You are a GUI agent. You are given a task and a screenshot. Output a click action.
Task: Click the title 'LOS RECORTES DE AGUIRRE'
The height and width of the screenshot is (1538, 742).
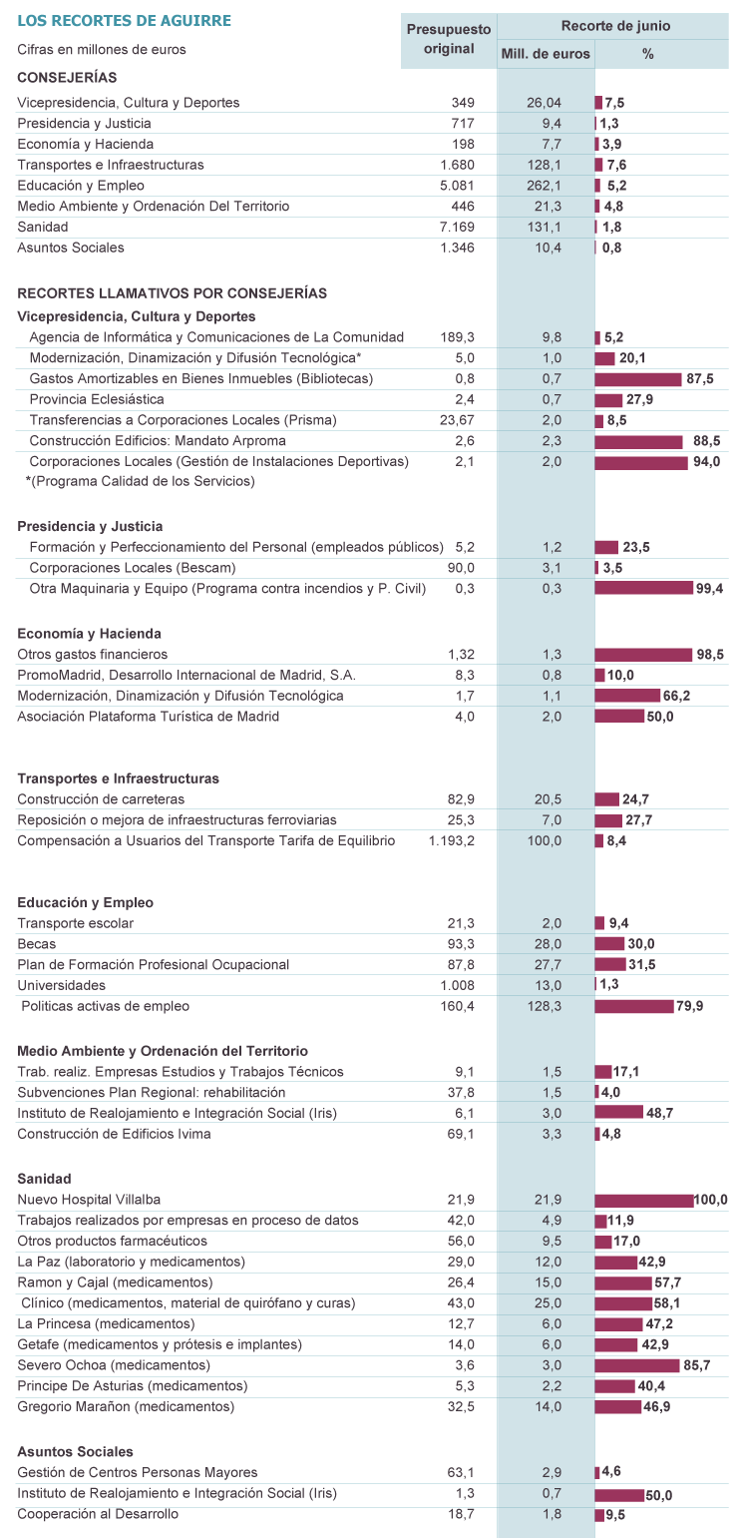[124, 21]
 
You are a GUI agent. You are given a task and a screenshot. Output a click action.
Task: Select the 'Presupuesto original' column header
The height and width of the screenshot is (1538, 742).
[449, 39]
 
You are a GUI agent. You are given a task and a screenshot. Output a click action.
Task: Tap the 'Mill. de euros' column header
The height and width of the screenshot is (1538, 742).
[546, 54]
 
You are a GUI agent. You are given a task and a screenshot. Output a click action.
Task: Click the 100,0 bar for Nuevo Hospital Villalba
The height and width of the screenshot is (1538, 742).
[643, 1200]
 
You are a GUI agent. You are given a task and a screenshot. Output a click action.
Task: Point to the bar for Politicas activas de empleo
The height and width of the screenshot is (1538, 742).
[634, 1006]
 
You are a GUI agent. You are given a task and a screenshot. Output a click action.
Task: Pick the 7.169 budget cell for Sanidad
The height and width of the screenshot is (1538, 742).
[457, 227]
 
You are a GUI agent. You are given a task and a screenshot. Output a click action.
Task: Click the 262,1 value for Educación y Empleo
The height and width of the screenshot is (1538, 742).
[545, 186]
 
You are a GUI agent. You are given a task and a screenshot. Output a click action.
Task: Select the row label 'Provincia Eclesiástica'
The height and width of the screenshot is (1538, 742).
[97, 399]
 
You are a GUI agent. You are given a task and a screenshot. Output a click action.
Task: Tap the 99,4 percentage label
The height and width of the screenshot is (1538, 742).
[710, 589]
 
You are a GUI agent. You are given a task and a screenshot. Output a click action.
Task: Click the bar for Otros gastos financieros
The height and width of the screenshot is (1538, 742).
[643, 655]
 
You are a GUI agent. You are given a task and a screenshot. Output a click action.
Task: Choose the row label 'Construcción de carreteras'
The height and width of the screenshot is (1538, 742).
[101, 799]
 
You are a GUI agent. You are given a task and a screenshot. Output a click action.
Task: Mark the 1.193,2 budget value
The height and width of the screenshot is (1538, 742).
[452, 841]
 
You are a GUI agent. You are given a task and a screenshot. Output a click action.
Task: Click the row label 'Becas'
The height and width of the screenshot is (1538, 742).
[37, 944]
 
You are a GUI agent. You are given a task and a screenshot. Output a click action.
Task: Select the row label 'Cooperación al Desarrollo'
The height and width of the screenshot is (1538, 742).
[98, 1514]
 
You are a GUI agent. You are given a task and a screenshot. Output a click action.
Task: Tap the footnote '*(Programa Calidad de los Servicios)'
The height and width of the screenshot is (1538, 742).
[141, 481]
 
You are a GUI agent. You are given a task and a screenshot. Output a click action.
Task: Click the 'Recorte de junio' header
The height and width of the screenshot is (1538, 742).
[615, 26]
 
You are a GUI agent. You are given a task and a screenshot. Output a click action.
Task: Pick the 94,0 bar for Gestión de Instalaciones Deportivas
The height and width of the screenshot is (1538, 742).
[640, 462]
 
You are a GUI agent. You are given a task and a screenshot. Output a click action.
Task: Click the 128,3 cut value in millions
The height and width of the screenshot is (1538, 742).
[545, 1006]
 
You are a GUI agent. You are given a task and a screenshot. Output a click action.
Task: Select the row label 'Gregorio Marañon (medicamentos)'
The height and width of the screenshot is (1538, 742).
[126, 1407]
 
